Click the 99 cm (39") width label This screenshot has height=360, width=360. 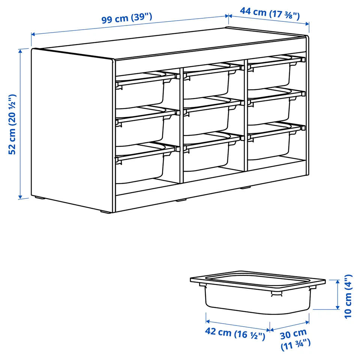127,18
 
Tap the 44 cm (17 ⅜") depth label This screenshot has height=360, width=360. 270,13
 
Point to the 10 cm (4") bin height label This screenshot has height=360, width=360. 348,296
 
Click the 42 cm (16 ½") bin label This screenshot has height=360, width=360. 235,334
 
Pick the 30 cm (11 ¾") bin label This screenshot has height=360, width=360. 295,339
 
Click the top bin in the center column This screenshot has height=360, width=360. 211,81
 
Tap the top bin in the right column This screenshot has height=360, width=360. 274,72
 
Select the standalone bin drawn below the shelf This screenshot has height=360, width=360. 258,292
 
